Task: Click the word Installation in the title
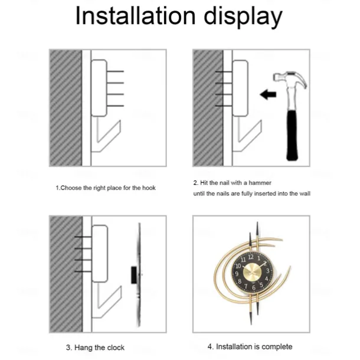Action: coord(136,15)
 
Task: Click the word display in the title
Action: coord(243,17)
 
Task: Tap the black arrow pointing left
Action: coord(268,94)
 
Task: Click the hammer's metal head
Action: coord(290,79)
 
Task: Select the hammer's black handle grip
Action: coord(292,136)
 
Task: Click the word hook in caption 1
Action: coord(149,188)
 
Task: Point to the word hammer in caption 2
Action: coord(260,183)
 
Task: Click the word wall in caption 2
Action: coord(304,194)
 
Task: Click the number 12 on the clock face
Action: coord(251,257)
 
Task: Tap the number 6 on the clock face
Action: coord(254,287)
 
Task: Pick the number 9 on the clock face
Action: coord(237,274)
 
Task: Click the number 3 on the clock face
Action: coord(268,271)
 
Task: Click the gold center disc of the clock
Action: coord(252,272)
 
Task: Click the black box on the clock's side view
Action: coord(134,275)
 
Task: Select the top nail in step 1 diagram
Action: coord(115,71)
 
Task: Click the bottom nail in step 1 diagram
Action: coord(115,106)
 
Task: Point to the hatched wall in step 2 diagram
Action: coord(208,107)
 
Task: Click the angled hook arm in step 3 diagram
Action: coord(110,303)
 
